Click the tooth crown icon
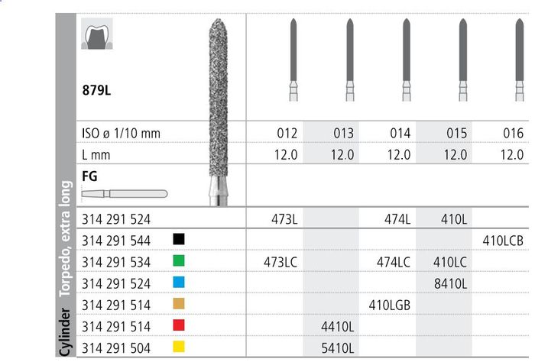click(x=97, y=34)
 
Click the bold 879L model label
click(x=96, y=90)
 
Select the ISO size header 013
click(x=343, y=133)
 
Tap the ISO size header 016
click(x=513, y=133)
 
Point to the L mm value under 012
click(x=286, y=155)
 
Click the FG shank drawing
click(x=125, y=194)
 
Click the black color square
click(x=179, y=239)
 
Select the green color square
click(x=179, y=260)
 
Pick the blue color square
click(x=179, y=282)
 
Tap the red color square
click(x=179, y=325)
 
